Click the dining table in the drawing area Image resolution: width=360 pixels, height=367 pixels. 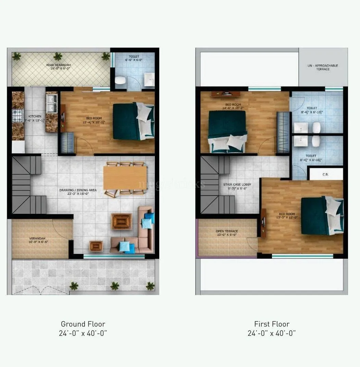pyautogui.click(x=125, y=178)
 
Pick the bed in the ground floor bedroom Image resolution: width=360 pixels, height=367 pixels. pyautogui.click(x=134, y=121)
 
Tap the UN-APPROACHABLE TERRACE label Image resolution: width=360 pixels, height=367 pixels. pyautogui.click(x=323, y=67)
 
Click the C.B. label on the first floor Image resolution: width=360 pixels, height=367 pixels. pyautogui.click(x=325, y=174)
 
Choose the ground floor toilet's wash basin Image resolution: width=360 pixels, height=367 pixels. pyautogui.click(x=149, y=79)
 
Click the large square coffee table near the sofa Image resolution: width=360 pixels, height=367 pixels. pyautogui.click(x=121, y=221)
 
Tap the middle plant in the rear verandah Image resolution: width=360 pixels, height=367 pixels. pyautogui.click(x=58, y=56)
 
